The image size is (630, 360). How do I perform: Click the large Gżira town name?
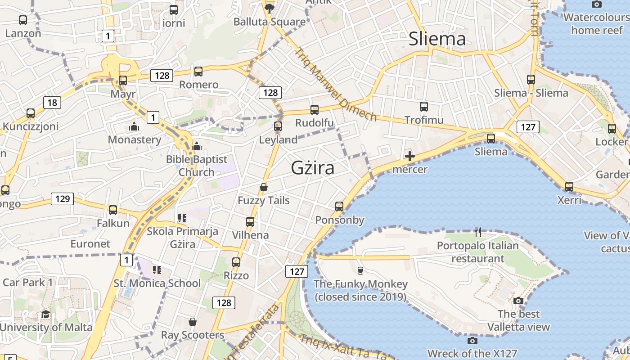click(x=313, y=168)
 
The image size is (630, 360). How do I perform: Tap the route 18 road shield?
click(x=52, y=103)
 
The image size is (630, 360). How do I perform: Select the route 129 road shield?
click(x=62, y=198)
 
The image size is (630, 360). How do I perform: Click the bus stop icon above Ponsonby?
click(x=339, y=207)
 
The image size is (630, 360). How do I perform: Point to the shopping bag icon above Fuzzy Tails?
click(x=264, y=187)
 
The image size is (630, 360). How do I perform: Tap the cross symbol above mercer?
click(x=409, y=157)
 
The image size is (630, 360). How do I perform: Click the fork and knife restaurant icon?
click(x=478, y=232)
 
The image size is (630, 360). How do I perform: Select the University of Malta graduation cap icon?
click(x=45, y=314)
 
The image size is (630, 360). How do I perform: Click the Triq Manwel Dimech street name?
click(x=335, y=84)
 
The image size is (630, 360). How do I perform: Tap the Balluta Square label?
click(x=270, y=22)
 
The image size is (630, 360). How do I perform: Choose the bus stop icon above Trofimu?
click(x=423, y=107)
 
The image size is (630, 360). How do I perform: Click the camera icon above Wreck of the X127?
click(x=472, y=341)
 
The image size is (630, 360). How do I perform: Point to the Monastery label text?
click(x=134, y=139)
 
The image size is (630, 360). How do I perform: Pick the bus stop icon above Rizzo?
click(x=236, y=262)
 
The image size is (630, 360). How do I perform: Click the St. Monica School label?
click(x=157, y=283)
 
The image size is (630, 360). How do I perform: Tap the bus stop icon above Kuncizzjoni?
click(x=31, y=113)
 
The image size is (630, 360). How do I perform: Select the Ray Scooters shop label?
click(x=193, y=335)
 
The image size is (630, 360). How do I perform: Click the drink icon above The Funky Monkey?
click(x=360, y=270)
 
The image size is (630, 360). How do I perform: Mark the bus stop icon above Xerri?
click(x=569, y=186)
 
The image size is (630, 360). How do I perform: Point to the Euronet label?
click(x=90, y=243)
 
